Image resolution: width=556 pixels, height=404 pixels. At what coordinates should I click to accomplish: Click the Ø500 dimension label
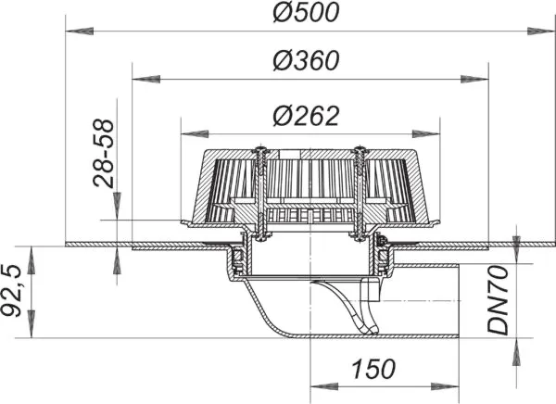[306, 12]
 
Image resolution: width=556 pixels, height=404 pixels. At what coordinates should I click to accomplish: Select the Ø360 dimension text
[306, 60]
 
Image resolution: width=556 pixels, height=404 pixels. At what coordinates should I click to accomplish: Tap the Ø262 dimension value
[306, 116]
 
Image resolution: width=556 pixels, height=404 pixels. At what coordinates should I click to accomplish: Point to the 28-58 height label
[104, 153]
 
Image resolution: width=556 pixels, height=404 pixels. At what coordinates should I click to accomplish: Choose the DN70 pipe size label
[498, 300]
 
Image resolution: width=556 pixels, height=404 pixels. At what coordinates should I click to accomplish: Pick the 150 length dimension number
[373, 369]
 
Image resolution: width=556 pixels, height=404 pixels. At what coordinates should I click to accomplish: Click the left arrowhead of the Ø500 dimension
[80, 32]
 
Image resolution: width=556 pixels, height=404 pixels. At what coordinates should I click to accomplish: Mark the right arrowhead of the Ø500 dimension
[540, 32]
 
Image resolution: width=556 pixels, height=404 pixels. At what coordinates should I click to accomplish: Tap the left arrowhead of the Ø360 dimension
[146, 79]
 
